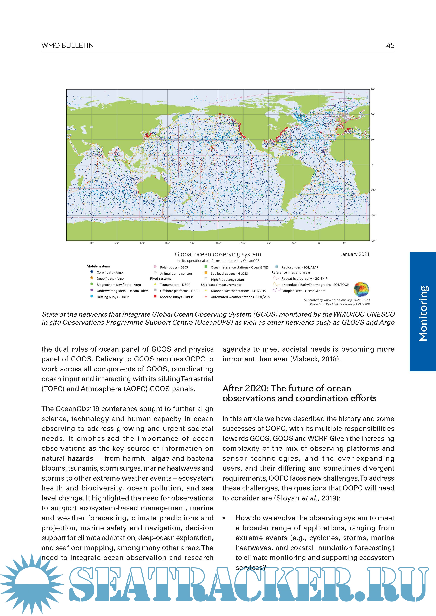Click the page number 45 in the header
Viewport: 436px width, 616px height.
click(x=390, y=45)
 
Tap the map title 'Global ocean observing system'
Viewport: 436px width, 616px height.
click(x=218, y=254)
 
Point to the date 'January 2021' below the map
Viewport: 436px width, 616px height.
click(x=355, y=254)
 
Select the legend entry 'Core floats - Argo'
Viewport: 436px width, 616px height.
click(x=109, y=272)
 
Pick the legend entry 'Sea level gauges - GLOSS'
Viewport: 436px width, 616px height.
click(x=229, y=273)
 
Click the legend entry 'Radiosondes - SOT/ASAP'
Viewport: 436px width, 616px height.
click(x=300, y=267)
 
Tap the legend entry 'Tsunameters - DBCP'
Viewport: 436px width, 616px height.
click(x=175, y=285)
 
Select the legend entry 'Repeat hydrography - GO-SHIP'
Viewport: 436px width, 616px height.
click(x=304, y=278)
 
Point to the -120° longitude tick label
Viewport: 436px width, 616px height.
click(x=243, y=243)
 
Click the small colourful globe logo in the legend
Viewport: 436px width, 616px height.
click(x=361, y=289)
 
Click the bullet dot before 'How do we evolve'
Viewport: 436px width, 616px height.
click(x=224, y=518)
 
